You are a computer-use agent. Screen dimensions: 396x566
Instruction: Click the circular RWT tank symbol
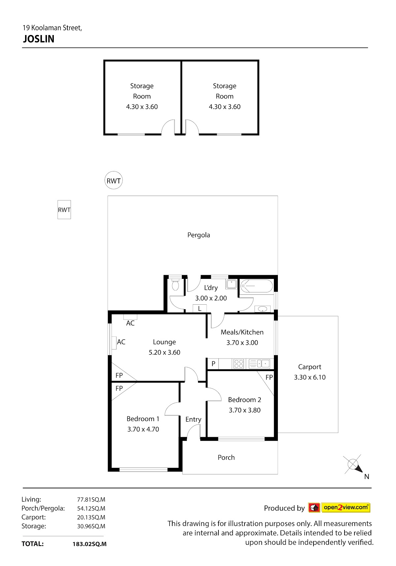coord(114,180)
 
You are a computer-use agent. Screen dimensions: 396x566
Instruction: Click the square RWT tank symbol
coord(64,210)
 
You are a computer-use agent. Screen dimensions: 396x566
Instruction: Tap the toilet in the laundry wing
coord(175,285)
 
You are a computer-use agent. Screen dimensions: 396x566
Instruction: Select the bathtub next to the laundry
coord(256,286)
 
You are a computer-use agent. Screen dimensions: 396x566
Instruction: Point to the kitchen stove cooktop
coord(239,364)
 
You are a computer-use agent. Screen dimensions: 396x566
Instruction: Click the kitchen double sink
coord(259,364)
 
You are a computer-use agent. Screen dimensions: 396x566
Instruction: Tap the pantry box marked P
coord(213,364)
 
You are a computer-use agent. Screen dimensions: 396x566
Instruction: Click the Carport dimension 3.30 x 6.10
coord(310,377)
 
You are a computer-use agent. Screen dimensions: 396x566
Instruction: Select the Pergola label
coord(199,235)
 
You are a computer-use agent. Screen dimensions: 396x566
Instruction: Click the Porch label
coord(226,457)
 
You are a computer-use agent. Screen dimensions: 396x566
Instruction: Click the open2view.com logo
coord(339,508)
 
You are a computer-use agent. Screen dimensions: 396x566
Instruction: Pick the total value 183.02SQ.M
coord(90,544)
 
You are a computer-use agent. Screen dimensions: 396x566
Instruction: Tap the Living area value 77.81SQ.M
coord(91,500)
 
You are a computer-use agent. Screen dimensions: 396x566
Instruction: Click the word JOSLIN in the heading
coord(39,39)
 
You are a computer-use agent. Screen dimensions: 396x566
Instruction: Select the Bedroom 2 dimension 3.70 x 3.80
coord(245,410)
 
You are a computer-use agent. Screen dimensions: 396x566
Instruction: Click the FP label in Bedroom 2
coord(269,377)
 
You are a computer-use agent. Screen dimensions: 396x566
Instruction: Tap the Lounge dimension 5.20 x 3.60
coord(164,352)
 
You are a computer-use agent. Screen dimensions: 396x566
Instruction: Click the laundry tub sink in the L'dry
coord(231,284)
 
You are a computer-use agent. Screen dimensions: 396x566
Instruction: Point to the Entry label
coord(193,419)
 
